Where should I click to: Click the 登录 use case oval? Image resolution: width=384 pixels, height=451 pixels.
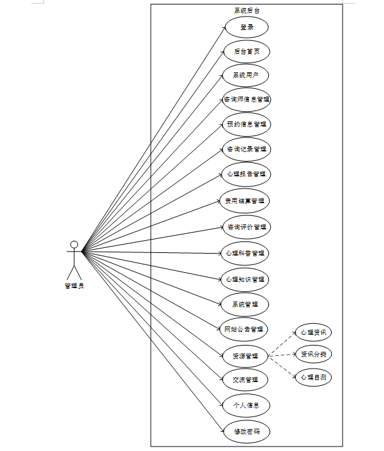pyautogui.click(x=246, y=27)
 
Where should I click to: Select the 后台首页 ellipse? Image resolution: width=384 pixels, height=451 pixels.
pyautogui.click(x=246, y=51)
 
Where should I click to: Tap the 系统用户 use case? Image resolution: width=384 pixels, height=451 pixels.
pyautogui.click(x=246, y=75)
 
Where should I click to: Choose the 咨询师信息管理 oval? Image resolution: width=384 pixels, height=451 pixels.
pyautogui.click(x=246, y=100)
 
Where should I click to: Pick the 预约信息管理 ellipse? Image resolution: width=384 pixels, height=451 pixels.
pyautogui.click(x=246, y=124)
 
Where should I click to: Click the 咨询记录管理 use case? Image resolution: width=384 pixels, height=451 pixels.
pyautogui.click(x=246, y=149)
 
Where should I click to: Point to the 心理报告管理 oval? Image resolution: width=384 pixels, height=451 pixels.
pyautogui.click(x=246, y=174)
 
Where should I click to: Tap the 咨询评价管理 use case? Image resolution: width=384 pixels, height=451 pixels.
pyautogui.click(x=246, y=227)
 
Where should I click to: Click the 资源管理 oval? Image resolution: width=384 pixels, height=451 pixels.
pyautogui.click(x=246, y=355)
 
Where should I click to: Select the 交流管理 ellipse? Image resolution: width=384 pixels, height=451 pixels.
pyautogui.click(x=246, y=379)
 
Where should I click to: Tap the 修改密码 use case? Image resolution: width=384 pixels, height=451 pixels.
pyautogui.click(x=246, y=431)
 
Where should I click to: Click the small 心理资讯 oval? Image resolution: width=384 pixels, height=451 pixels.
pyautogui.click(x=313, y=332)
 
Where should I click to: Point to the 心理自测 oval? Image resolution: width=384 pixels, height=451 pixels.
pyautogui.click(x=313, y=377)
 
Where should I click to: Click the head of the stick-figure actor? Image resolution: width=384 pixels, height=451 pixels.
pyautogui.click(x=74, y=244)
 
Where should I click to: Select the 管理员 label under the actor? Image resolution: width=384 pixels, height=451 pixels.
pyautogui.click(x=74, y=286)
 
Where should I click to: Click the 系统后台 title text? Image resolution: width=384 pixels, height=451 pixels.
pyautogui.click(x=247, y=10)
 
